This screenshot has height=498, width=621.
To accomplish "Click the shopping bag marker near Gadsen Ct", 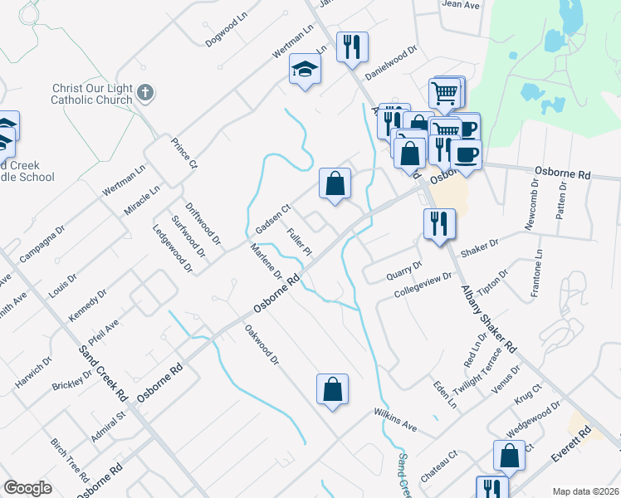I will [334, 184].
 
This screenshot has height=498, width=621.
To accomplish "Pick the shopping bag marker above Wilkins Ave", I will [332, 390].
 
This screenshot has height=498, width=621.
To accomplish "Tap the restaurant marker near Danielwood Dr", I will [352, 48].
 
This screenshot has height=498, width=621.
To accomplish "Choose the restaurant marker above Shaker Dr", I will [438, 224].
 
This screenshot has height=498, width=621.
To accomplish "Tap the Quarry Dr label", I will [405, 271].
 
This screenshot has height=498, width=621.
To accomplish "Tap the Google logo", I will [27, 488].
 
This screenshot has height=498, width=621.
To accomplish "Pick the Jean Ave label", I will [462, 5].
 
